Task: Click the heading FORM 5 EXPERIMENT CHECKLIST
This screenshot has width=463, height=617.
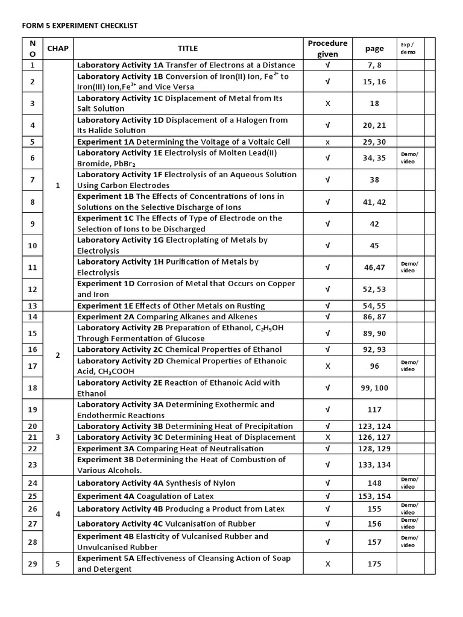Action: tap(80, 26)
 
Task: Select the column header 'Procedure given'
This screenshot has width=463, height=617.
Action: tap(327, 48)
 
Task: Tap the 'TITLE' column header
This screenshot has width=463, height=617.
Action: tap(187, 48)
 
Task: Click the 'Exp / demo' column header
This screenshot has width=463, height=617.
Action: tap(408, 48)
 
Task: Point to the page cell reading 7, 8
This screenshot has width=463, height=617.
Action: tap(374, 65)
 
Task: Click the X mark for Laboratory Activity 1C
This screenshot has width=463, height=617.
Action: tap(327, 104)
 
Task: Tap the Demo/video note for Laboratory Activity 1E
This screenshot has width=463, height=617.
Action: tap(409, 158)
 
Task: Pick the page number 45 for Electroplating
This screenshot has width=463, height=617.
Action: tap(374, 245)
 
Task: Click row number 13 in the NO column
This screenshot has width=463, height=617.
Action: tap(33, 306)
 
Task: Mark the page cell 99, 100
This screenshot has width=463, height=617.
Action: tap(374, 388)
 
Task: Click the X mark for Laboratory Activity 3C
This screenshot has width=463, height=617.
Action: tap(327, 437)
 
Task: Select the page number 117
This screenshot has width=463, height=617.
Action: tap(374, 410)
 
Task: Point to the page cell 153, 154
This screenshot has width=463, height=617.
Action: tap(374, 496)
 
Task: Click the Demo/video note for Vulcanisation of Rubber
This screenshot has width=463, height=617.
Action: tap(409, 523)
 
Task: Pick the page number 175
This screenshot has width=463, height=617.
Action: tap(374, 563)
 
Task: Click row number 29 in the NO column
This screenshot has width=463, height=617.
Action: tap(33, 563)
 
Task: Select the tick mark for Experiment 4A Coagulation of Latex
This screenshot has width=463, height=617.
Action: tap(327, 496)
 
